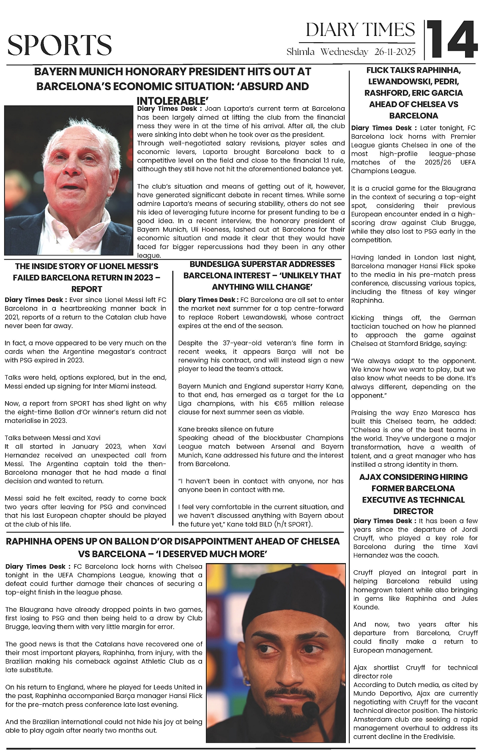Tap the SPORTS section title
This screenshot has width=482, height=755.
coord(60,45)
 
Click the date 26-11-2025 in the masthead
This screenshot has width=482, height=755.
coord(395,52)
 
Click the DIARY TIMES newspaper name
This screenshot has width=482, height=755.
coord(360,30)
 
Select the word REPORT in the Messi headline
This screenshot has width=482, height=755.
coord(86,289)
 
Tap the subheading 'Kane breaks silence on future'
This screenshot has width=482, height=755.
coord(226,429)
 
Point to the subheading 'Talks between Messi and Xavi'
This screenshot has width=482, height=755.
coord(52,438)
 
